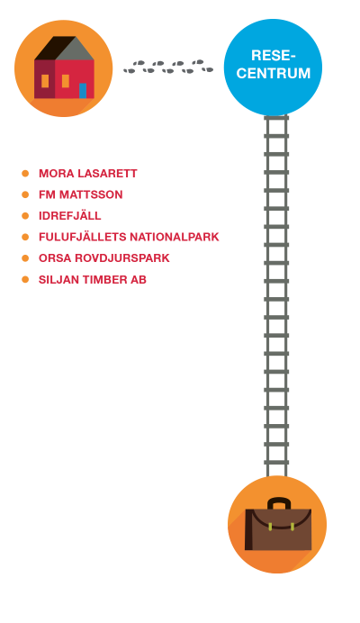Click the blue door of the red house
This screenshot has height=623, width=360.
click(83, 91)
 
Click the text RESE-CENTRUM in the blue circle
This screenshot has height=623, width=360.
click(274, 64)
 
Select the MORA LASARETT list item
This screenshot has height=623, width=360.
click(88, 174)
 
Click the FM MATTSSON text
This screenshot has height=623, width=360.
click(81, 194)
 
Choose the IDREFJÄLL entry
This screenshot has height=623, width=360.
click(70, 215)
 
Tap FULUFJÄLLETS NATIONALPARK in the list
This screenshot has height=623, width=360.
click(129, 237)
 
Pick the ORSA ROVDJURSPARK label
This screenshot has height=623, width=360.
click(104, 258)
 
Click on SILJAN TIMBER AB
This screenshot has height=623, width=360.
click(93, 280)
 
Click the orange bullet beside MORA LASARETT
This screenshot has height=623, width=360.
click(25, 174)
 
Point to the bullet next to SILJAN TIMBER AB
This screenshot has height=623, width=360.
click(25, 280)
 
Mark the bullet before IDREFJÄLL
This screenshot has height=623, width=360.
click(25, 216)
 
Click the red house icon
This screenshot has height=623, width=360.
click(64, 68)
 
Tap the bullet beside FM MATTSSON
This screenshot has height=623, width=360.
click(25, 194)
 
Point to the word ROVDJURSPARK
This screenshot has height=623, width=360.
click(122, 258)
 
